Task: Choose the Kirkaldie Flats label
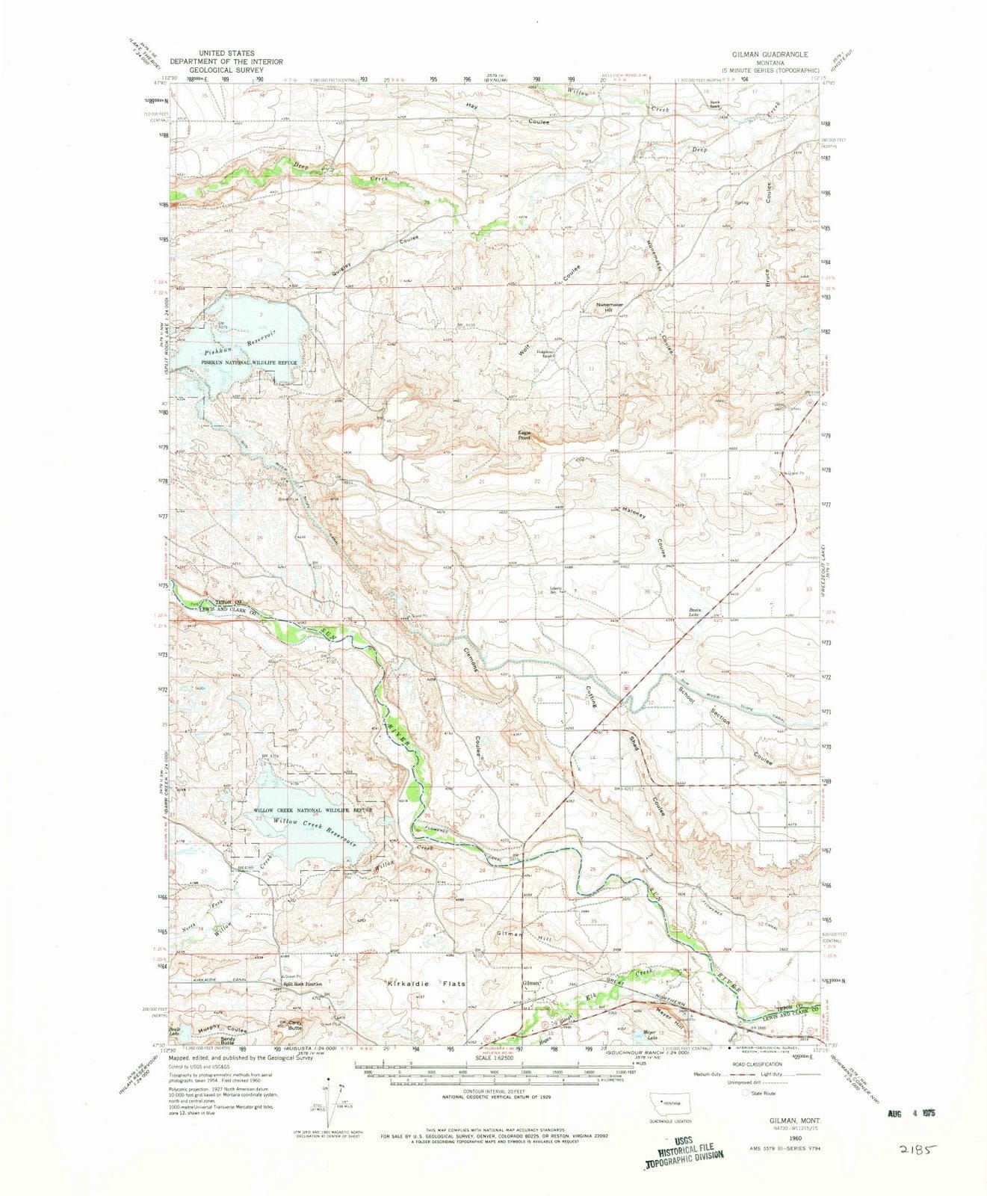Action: (x=425, y=984)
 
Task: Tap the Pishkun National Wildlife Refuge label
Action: (x=247, y=363)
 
